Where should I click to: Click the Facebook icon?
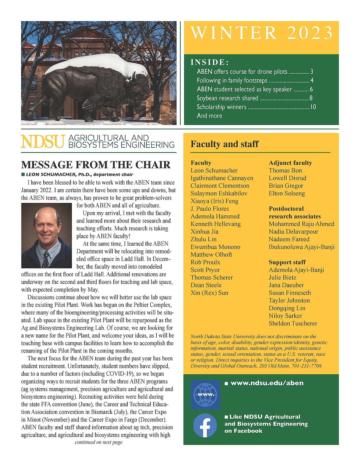pyautogui.click(x=205, y=425)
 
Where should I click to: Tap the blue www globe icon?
pyautogui.click(x=205, y=394)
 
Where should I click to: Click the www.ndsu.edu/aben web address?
pyautogui.click(x=267, y=383)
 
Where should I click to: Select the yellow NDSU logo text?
pyautogui.click(x=43, y=142)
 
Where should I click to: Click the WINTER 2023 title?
pyautogui.click(x=261, y=33)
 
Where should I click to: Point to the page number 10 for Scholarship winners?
pyautogui.click(x=313, y=107)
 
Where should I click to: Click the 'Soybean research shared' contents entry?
pyautogui.click(x=227, y=98)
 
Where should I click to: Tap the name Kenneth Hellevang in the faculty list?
pyautogui.click(x=216, y=224)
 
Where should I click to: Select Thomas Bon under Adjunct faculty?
pyautogui.click(x=285, y=171)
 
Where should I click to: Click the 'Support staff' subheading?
pyautogui.click(x=287, y=262)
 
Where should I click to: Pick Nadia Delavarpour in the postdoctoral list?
pyautogui.click(x=289, y=232)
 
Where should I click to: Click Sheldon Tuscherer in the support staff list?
pyautogui.click(x=293, y=323)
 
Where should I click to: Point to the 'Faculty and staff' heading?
pyautogui.click(x=225, y=144)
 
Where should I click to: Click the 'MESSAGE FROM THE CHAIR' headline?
pyautogui.click(x=96, y=165)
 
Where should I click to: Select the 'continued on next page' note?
pyautogui.click(x=99, y=442)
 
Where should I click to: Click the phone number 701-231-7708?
pyautogui.click(x=307, y=366)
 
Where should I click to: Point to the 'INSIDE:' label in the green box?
pyautogui.click(x=210, y=62)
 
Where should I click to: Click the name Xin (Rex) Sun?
pyautogui.click(x=209, y=293)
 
